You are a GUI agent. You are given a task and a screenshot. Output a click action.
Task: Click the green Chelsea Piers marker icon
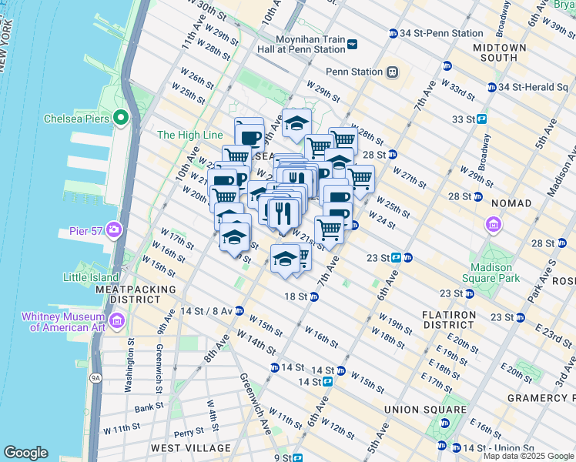click(x=120, y=118)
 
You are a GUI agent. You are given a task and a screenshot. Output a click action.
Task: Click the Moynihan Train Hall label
click(x=312, y=44)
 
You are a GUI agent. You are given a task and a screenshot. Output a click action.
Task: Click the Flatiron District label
click(x=452, y=320)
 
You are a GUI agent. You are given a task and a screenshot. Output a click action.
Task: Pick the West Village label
click(x=190, y=448)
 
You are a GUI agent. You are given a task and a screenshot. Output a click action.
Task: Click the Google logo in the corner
click(x=25, y=453)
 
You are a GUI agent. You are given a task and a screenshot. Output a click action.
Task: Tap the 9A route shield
click(x=95, y=377)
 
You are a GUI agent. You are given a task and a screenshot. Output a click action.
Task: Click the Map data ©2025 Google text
click(x=527, y=456)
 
